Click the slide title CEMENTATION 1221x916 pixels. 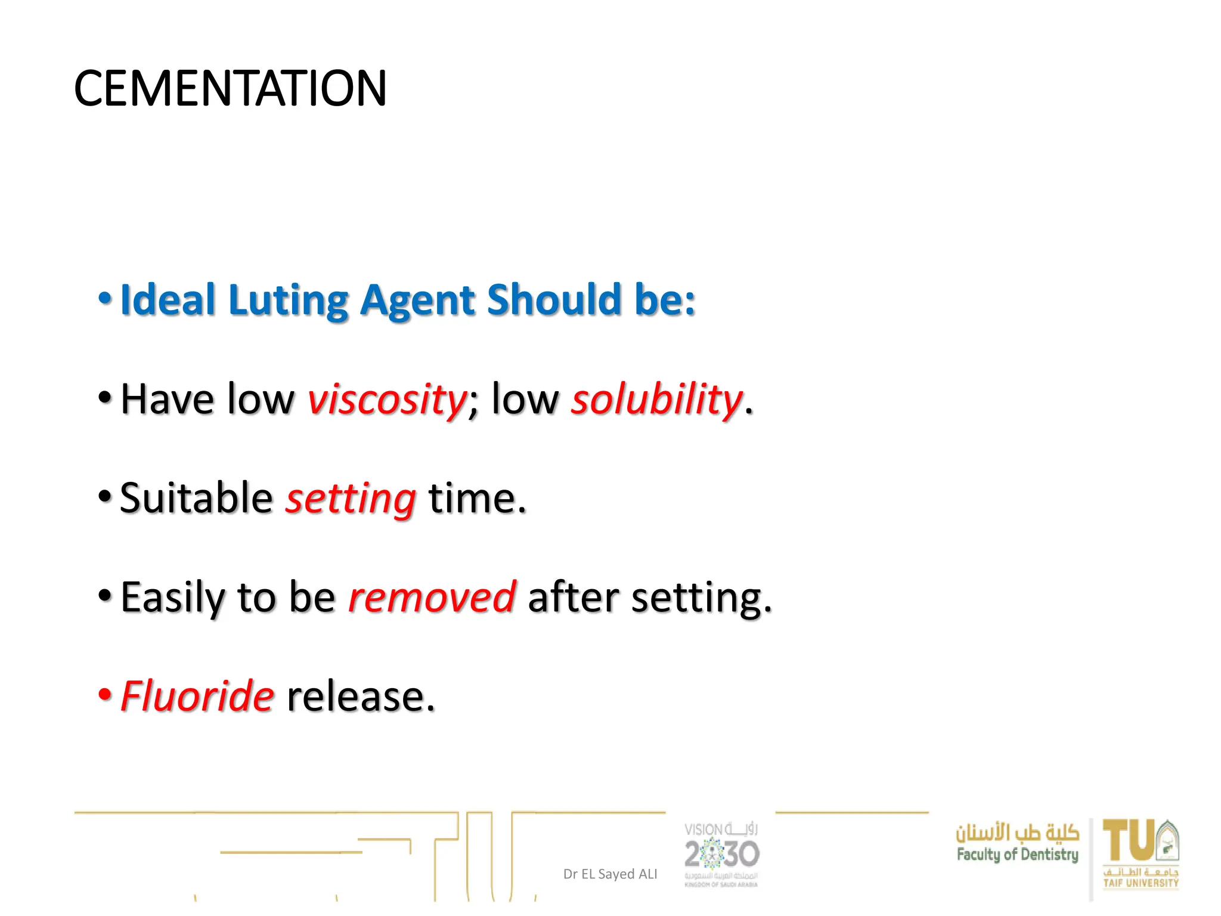(230, 88)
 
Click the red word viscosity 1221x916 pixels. (387, 399)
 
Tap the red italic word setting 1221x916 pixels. (351, 499)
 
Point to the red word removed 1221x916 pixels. (432, 597)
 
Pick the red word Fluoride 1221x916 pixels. (197, 696)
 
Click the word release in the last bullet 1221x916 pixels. (361, 696)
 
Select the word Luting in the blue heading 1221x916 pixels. (288, 299)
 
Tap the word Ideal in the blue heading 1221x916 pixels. (168, 299)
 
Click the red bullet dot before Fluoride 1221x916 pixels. (105, 694)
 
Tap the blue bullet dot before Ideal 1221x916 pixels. (105, 298)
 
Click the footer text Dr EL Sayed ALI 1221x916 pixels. (610, 874)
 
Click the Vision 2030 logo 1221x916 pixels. (721, 854)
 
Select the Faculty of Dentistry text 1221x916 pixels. (1017, 855)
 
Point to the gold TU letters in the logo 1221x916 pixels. (1129, 841)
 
